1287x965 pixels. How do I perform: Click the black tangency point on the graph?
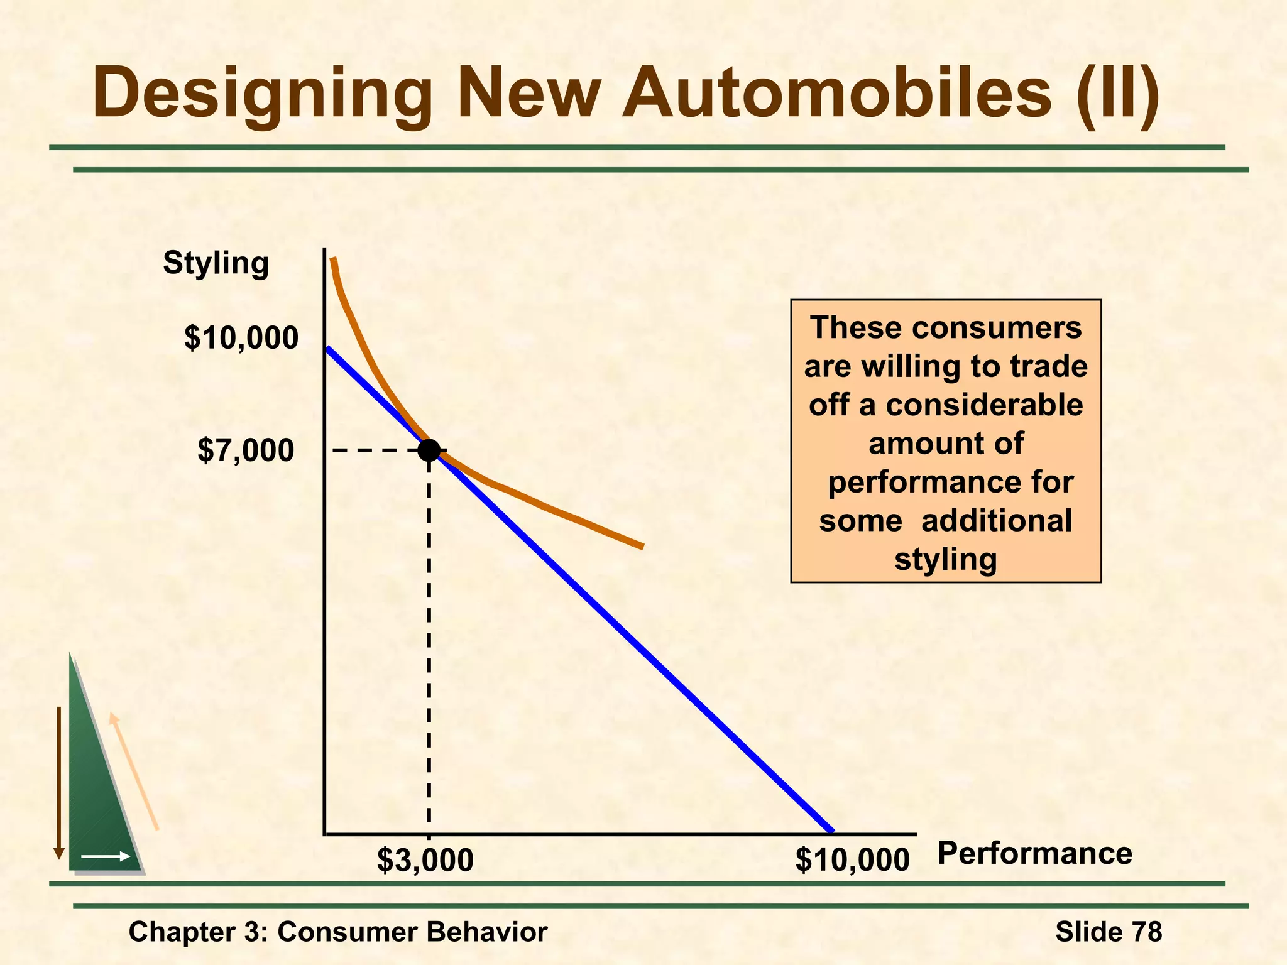point(429,450)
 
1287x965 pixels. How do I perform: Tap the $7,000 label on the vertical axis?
point(246,450)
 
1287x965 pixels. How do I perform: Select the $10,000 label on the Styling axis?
point(241,337)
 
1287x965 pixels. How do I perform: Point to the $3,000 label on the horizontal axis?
point(425,860)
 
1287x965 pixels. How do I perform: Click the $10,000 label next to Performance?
point(852,860)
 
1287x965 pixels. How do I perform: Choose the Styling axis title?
point(216,263)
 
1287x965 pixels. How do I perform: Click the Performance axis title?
point(1034,854)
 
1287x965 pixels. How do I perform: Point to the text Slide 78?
point(1109,931)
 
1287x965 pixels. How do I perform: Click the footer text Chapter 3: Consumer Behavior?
point(338,932)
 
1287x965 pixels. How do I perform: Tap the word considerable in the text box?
point(984,405)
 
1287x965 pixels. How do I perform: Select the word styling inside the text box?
point(946,559)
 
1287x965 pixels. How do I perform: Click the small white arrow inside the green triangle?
point(106,856)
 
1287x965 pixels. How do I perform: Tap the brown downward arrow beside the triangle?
point(59,782)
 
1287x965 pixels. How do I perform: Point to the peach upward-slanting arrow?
point(134,771)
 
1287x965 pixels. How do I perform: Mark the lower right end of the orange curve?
point(641,546)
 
